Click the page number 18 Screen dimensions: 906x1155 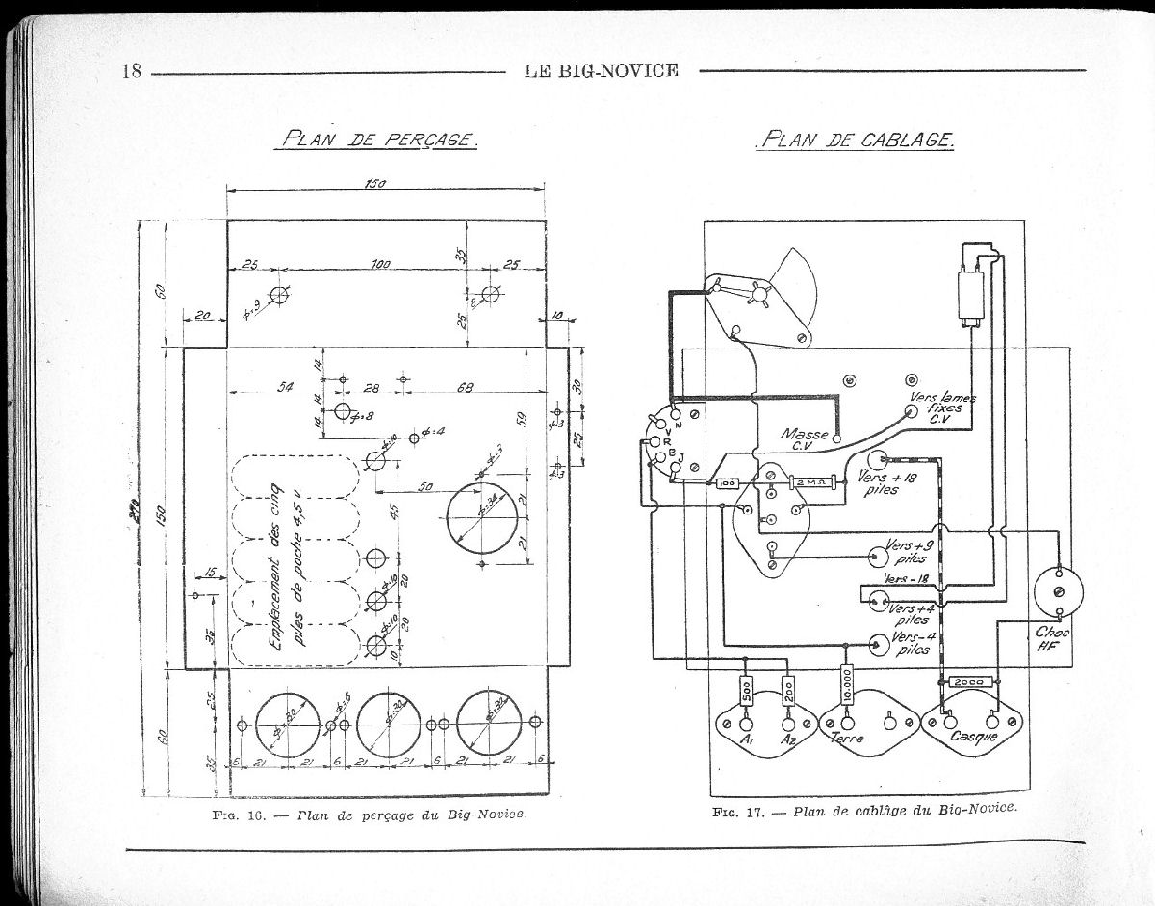(132, 71)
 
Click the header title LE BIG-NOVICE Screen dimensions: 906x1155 (603, 70)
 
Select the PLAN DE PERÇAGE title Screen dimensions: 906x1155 (376, 140)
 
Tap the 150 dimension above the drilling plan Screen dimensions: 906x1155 (375, 185)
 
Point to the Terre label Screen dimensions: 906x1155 (847, 738)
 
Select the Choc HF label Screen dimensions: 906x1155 (1050, 639)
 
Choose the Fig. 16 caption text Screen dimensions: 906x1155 (372, 815)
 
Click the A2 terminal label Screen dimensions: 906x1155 (788, 740)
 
